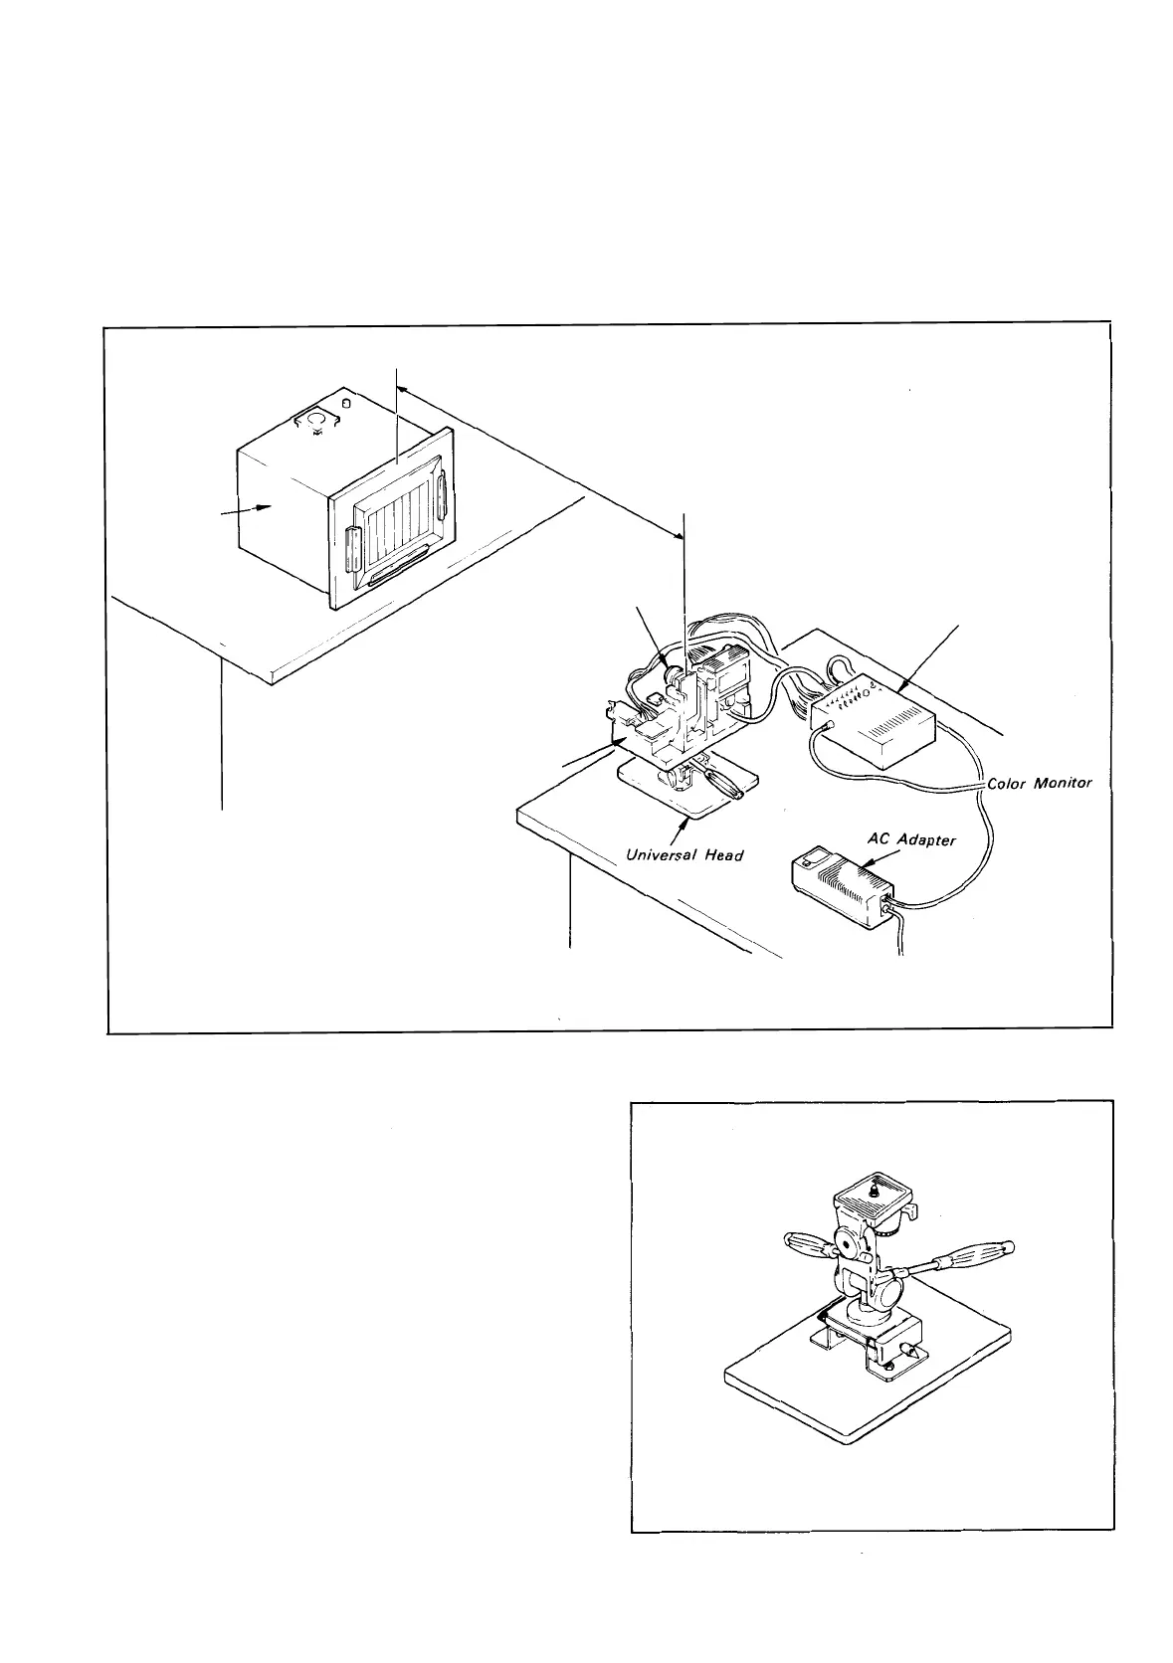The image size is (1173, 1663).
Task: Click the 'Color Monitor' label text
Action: click(x=1039, y=783)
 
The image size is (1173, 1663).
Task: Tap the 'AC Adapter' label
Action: click(x=911, y=839)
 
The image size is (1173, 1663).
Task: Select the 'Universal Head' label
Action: click(x=684, y=854)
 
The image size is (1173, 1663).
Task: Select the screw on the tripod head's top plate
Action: click(x=873, y=1186)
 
